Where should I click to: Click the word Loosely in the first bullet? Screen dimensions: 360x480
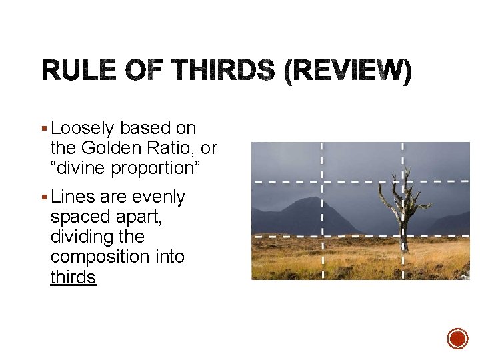coord(83,128)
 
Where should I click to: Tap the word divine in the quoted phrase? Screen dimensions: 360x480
coord(83,168)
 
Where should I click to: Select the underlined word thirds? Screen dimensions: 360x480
coord(73,277)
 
